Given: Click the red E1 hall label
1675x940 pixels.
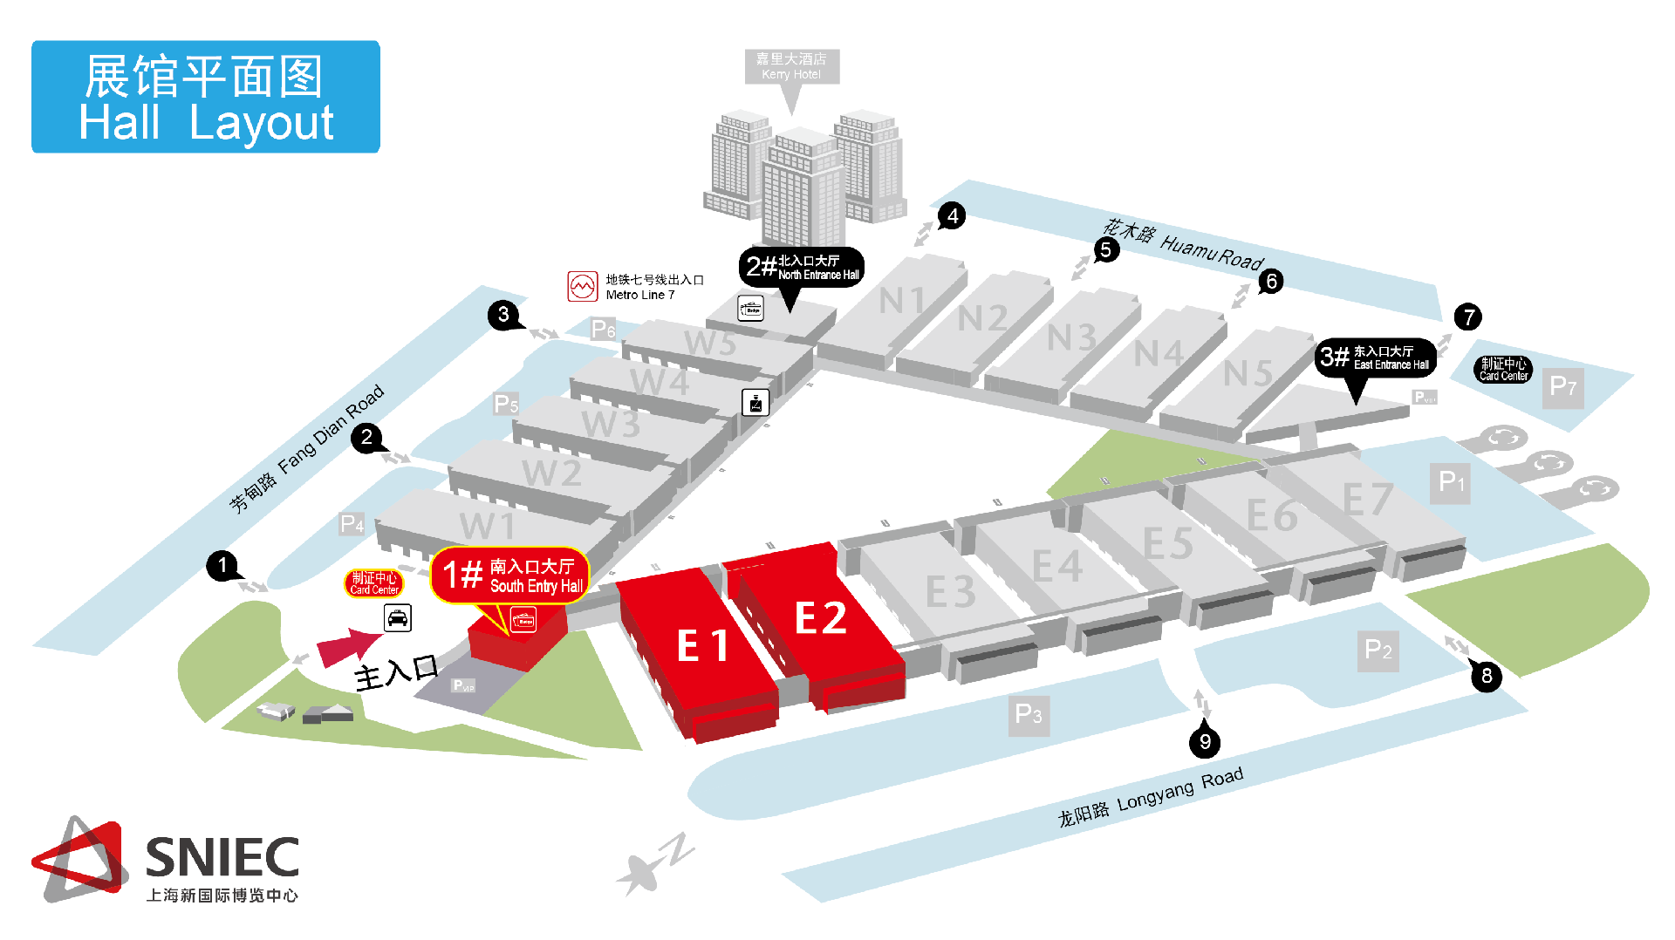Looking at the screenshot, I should pyautogui.click(x=702, y=646).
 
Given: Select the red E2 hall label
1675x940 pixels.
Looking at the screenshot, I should pyautogui.click(x=820, y=618).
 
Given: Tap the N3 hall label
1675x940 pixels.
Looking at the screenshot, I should pyautogui.click(x=1071, y=337).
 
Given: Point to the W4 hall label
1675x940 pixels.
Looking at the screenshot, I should pyautogui.click(x=660, y=382).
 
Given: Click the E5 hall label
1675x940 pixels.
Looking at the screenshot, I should pyautogui.click(x=1167, y=544).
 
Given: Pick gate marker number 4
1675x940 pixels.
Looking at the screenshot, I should pyautogui.click(x=952, y=215).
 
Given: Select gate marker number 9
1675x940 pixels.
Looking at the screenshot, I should pyautogui.click(x=1205, y=741).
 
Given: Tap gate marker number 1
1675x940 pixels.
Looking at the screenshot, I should pyautogui.click(x=222, y=565).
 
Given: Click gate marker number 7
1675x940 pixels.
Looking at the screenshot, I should pyautogui.click(x=1468, y=317).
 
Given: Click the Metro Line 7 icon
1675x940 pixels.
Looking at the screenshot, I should pyautogui.click(x=582, y=286).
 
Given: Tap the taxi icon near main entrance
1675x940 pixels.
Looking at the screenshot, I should pyautogui.click(x=398, y=618).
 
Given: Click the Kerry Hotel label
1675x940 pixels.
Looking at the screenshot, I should pyautogui.click(x=791, y=66).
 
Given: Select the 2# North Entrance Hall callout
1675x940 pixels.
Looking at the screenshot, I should pyautogui.click(x=802, y=267).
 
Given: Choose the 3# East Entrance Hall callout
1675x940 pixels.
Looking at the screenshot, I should pyautogui.click(x=1376, y=358).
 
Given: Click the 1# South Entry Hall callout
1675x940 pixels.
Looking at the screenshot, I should pyautogui.click(x=510, y=576).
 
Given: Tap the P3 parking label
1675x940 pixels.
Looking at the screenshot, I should pyautogui.click(x=1029, y=715).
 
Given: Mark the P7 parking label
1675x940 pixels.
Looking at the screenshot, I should pyautogui.click(x=1562, y=386).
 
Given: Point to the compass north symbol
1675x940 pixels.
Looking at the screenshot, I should pyautogui.click(x=654, y=863).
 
